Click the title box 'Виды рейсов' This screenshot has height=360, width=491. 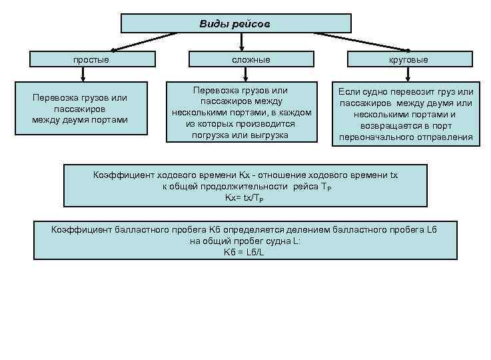click(x=236, y=24)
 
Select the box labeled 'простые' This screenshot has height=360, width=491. click(x=91, y=59)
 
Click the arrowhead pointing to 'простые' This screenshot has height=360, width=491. click(x=114, y=49)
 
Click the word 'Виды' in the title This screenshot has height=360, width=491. click(x=212, y=24)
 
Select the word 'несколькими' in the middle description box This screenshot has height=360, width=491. click(x=197, y=112)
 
